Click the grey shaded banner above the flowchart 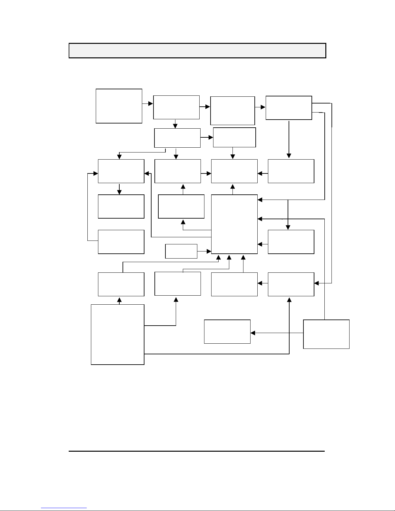pyautogui.click(x=197, y=51)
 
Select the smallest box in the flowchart pyautogui.click(x=181, y=251)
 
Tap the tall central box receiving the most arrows pyautogui.click(x=234, y=224)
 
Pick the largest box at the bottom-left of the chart pyautogui.click(x=118, y=334)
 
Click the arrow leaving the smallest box pyautogui.click(x=204, y=251)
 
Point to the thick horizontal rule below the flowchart pyautogui.click(x=197, y=451)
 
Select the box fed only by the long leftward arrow pyautogui.click(x=227, y=331)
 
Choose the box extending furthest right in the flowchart pyautogui.click(x=326, y=334)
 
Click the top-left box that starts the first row pyautogui.click(x=119, y=106)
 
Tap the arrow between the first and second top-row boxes pyautogui.click(x=147, y=103)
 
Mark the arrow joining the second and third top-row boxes pyautogui.click(x=205, y=107)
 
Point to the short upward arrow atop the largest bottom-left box pyautogui.click(x=120, y=300)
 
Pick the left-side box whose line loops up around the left pyautogui.click(x=121, y=242)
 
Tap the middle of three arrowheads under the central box pyautogui.click(x=229, y=258)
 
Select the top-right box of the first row pyautogui.click(x=289, y=108)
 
